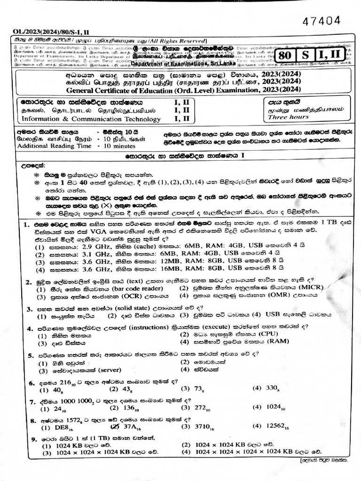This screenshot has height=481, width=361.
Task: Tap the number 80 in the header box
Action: (x=285, y=55)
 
